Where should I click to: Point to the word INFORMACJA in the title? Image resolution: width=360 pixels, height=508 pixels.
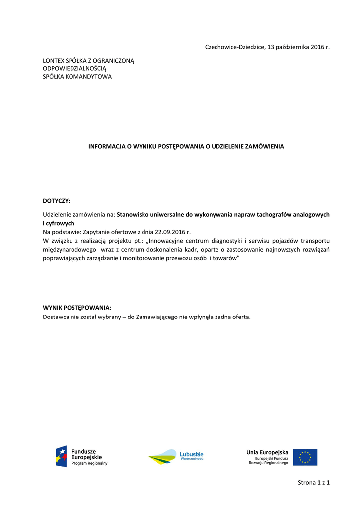point(106,147)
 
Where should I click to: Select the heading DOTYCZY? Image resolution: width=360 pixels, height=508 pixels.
point(57,201)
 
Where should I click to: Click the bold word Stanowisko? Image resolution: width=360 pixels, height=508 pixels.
point(133,215)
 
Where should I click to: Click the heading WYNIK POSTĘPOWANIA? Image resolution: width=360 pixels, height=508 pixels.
point(77,308)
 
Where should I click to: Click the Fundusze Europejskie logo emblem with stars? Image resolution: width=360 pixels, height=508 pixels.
point(61,456)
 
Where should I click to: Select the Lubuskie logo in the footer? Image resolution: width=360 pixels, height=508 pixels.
point(176,457)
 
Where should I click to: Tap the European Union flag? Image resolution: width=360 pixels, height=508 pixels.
point(305,457)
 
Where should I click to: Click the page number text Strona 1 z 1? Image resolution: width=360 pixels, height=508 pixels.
point(314,482)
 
